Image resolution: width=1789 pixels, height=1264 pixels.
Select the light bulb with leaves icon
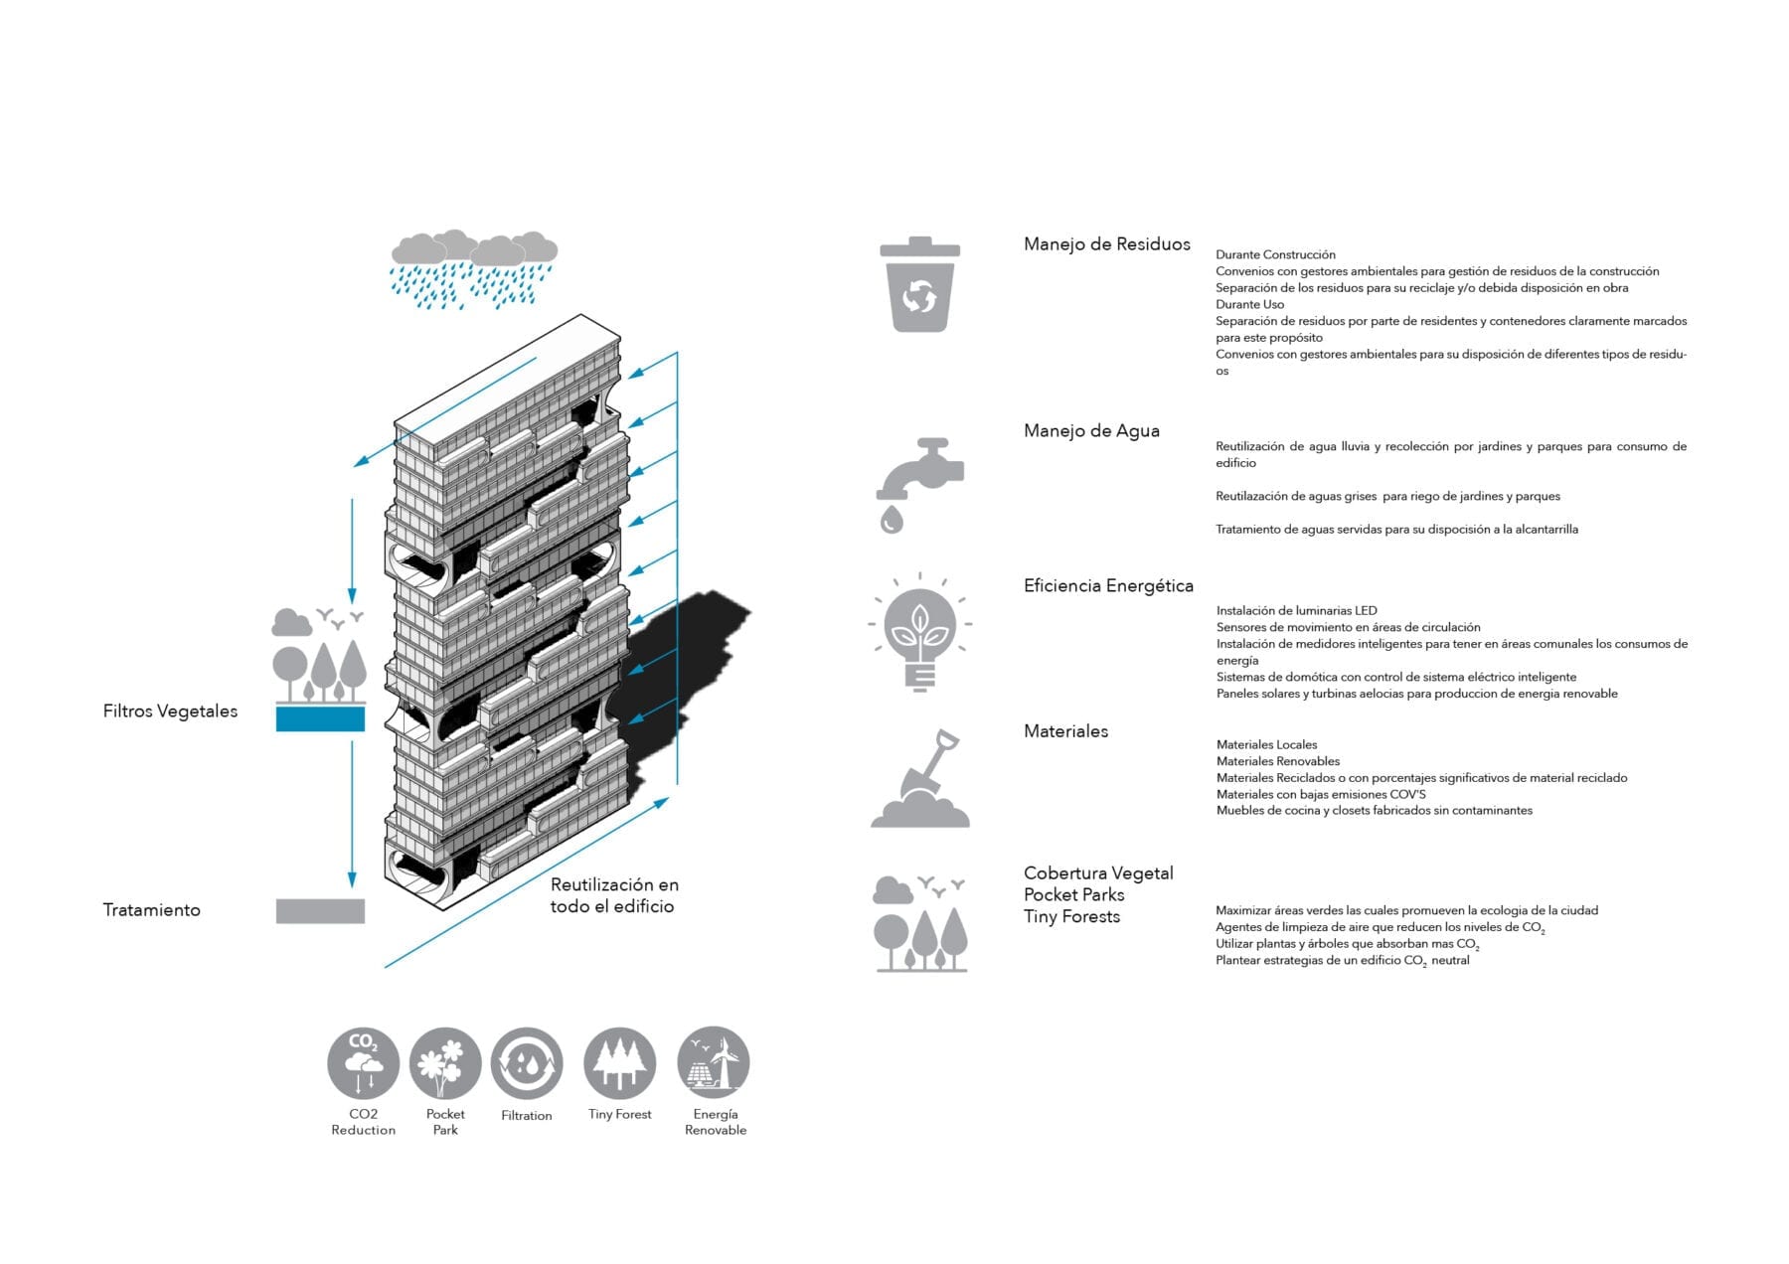click(x=920, y=632)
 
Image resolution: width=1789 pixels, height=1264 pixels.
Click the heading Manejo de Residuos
click(x=1106, y=244)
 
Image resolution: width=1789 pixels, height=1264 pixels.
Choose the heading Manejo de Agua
click(x=1091, y=431)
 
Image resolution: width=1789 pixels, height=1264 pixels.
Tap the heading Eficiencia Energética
click(x=1108, y=586)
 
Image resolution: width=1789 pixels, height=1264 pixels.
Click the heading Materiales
click(x=1065, y=731)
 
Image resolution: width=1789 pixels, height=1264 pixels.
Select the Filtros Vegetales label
click(x=170, y=711)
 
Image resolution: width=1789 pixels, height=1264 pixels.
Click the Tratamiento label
click(x=151, y=910)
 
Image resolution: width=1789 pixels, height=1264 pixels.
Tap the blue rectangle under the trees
click(x=320, y=718)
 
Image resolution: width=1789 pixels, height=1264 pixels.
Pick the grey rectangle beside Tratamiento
click(x=320, y=910)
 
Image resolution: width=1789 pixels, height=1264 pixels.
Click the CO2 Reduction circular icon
click(x=363, y=1063)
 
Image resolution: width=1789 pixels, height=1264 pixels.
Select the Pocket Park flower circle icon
click(x=445, y=1063)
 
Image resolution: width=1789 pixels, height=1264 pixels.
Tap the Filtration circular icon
click(x=527, y=1063)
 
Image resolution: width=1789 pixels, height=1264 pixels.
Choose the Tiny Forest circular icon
click(x=620, y=1063)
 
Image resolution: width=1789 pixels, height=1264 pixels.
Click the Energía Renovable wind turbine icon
click(x=714, y=1063)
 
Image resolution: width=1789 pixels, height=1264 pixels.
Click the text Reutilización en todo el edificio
click(x=614, y=895)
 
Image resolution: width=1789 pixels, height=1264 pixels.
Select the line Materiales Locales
click(x=1266, y=745)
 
